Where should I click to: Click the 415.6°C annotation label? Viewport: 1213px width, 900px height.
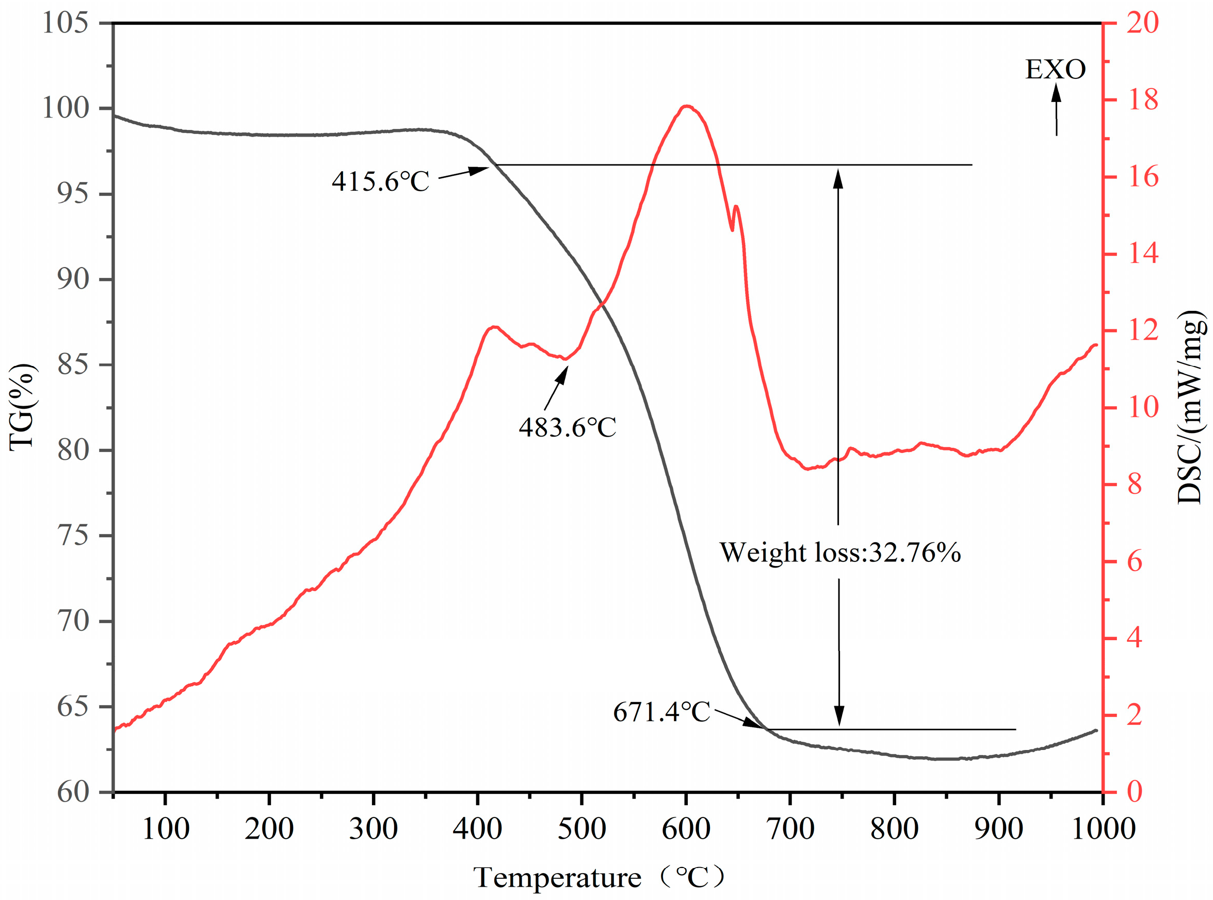click(381, 181)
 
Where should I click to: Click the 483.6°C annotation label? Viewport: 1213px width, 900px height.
click(567, 428)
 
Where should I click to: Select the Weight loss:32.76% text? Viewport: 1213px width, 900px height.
click(840, 553)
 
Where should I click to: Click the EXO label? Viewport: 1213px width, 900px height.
click(1056, 70)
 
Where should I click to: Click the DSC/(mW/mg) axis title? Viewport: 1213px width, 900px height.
click(1190, 407)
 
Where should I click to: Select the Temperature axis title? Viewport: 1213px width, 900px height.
click(598, 877)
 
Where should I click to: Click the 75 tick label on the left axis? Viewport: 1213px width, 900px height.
click(73, 536)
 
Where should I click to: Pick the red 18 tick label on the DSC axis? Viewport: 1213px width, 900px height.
click(1143, 100)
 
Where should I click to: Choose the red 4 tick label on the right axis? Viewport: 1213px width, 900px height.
click(1135, 639)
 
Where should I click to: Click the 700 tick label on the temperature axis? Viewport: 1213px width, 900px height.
click(790, 829)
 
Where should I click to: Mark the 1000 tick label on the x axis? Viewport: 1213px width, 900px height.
click(1103, 829)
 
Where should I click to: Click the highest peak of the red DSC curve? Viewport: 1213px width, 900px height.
click(687, 106)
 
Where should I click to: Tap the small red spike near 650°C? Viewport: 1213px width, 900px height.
click(736, 207)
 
